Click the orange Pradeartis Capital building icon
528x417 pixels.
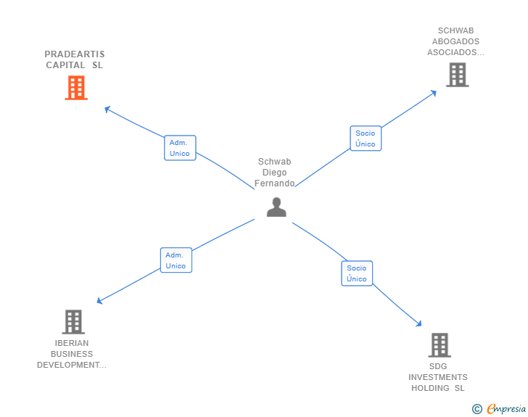point(76,88)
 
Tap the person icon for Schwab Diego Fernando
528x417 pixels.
point(276,207)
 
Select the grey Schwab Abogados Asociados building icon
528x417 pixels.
point(457,75)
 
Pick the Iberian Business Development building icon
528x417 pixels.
point(73,321)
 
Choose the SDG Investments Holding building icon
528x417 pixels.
point(439,345)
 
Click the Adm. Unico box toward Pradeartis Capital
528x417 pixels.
point(179,148)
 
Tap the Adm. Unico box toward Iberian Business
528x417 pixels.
point(176,260)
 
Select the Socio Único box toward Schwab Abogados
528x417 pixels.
point(366,139)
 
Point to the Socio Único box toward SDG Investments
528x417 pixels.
point(357,273)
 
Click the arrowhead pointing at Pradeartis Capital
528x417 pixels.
point(107,110)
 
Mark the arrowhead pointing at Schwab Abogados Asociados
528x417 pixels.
point(434,92)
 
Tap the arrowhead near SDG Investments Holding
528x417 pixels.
point(418,323)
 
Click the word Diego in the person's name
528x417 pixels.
point(274,173)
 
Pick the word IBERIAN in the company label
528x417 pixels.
point(72,343)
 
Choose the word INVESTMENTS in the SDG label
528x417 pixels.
point(438,377)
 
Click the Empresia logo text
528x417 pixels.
point(506,409)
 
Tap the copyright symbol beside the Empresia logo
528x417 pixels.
point(477,409)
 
